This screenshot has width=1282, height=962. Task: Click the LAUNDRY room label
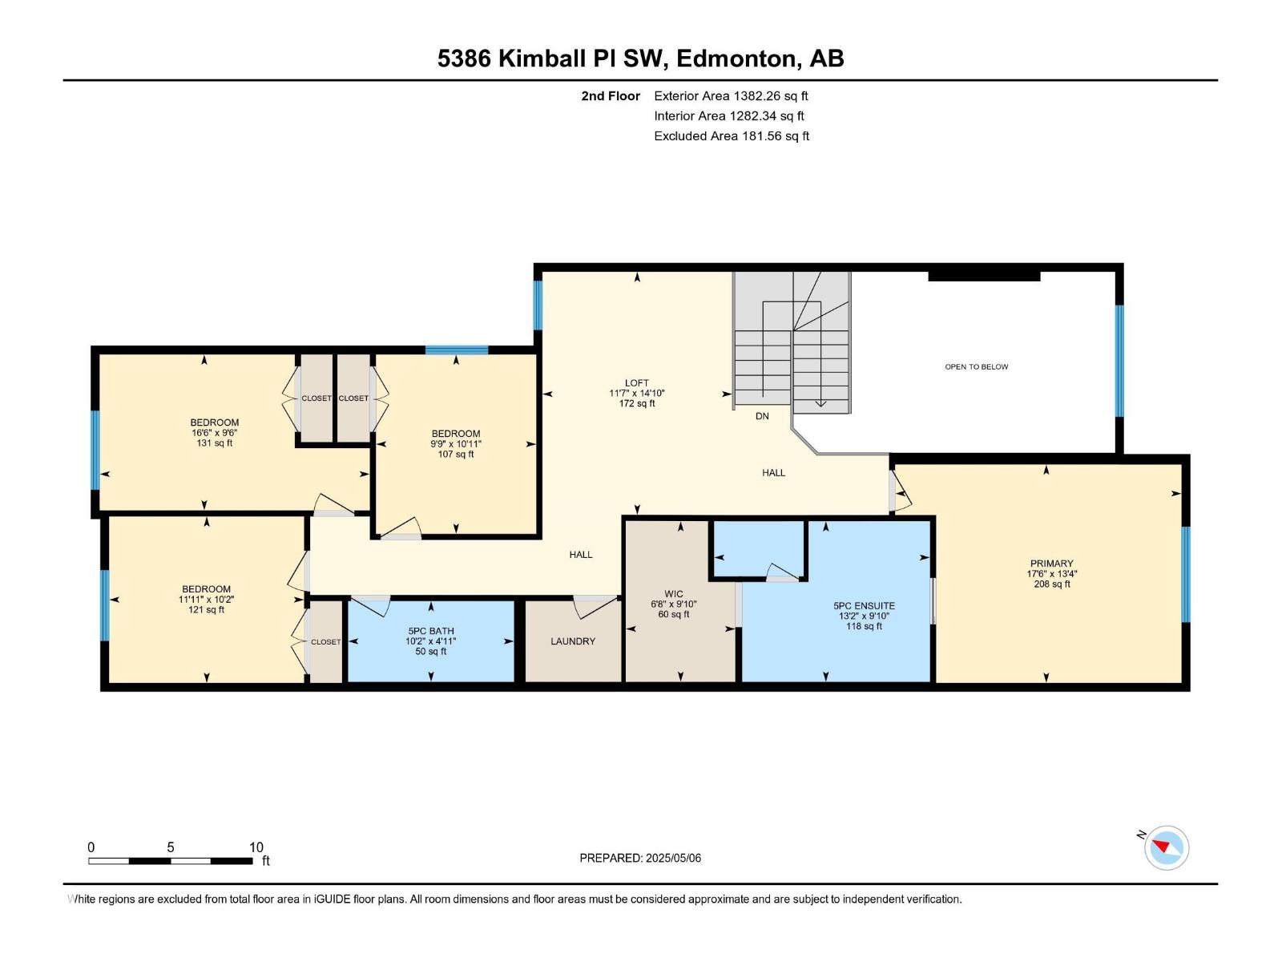pos(573,641)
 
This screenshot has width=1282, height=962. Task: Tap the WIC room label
pos(674,594)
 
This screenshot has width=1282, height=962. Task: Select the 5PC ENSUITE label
pos(864,606)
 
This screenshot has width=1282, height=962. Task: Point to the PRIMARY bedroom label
pos(1051,564)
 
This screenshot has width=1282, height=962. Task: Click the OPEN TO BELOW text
pos(976,367)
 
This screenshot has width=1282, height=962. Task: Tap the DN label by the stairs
pos(762,416)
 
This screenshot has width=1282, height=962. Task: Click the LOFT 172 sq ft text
pos(637,403)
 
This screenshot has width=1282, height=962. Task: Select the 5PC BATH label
pos(431,631)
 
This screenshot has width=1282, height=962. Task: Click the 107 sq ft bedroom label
pos(456,454)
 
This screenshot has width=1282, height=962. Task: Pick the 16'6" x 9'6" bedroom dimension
pos(214,433)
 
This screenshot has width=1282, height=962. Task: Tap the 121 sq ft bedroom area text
pos(206,609)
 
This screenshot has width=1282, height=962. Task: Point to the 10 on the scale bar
pos(256,847)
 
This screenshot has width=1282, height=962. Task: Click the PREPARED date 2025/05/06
pos(672,858)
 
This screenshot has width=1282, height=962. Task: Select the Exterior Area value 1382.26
pos(757,96)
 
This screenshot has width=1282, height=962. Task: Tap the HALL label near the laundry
pos(581,554)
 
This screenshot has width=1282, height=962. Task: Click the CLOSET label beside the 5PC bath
pos(326,642)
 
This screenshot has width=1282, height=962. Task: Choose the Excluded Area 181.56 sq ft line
pos(731,136)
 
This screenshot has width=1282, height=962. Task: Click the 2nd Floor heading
pos(611,96)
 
